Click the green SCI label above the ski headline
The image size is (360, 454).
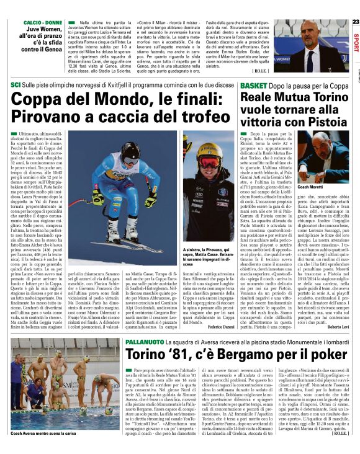[x=16, y=84]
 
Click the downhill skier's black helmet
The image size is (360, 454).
[x=130, y=150]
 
